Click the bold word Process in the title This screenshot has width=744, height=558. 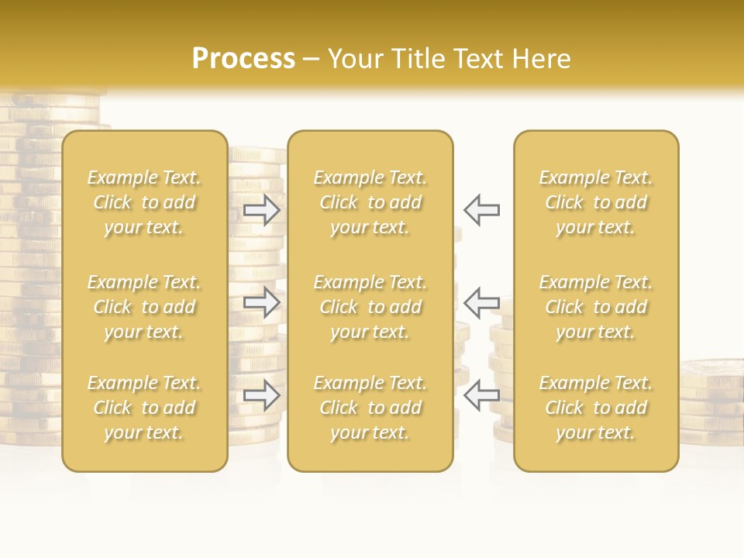click(x=243, y=59)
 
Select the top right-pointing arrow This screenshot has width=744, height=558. click(x=262, y=210)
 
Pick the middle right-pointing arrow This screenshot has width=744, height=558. click(x=262, y=302)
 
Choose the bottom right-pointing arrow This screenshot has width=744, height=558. click(x=262, y=395)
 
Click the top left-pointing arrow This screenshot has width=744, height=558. click(x=481, y=210)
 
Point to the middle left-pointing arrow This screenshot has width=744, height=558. click(x=481, y=302)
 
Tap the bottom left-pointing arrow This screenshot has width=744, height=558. click(x=481, y=395)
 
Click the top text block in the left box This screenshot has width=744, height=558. click(x=144, y=202)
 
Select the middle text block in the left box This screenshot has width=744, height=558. click(x=144, y=307)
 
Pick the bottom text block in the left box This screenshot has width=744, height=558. click(x=144, y=408)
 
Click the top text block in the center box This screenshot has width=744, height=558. click(x=370, y=202)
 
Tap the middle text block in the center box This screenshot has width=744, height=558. click(x=370, y=307)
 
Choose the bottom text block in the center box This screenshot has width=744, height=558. click(x=370, y=408)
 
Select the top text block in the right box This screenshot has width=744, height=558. click(x=595, y=202)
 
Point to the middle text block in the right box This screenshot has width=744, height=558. click(x=595, y=307)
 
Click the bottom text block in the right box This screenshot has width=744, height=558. click(x=595, y=408)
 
